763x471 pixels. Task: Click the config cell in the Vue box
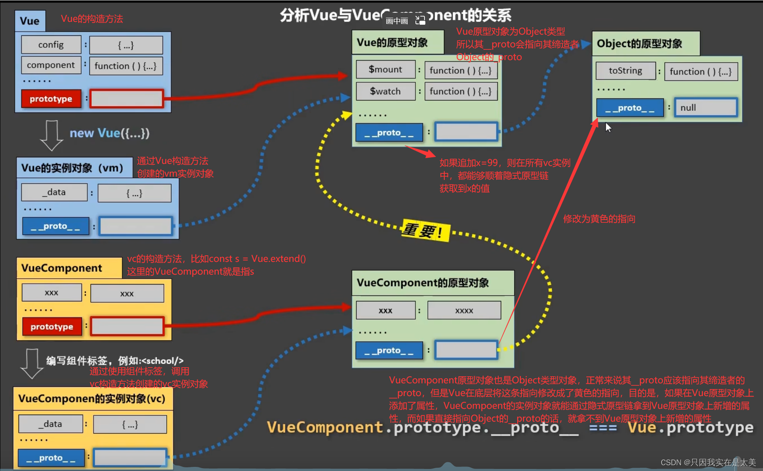51,45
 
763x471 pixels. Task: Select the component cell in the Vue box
51,65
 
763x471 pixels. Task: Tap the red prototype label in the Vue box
51,99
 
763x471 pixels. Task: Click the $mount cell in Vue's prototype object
385,70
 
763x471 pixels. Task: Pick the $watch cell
385,91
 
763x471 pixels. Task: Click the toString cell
625,71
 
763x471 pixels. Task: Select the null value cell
705,107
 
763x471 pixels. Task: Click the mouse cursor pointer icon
608,128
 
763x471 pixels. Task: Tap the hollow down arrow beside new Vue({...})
51,135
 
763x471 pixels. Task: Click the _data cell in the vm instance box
54,192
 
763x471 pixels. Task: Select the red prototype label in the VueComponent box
52,326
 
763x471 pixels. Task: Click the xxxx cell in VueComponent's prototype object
464,310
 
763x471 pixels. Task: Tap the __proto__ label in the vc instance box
51,458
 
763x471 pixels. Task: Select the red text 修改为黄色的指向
599,219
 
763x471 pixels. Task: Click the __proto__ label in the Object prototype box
630,108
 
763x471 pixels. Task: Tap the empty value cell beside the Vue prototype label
127,99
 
